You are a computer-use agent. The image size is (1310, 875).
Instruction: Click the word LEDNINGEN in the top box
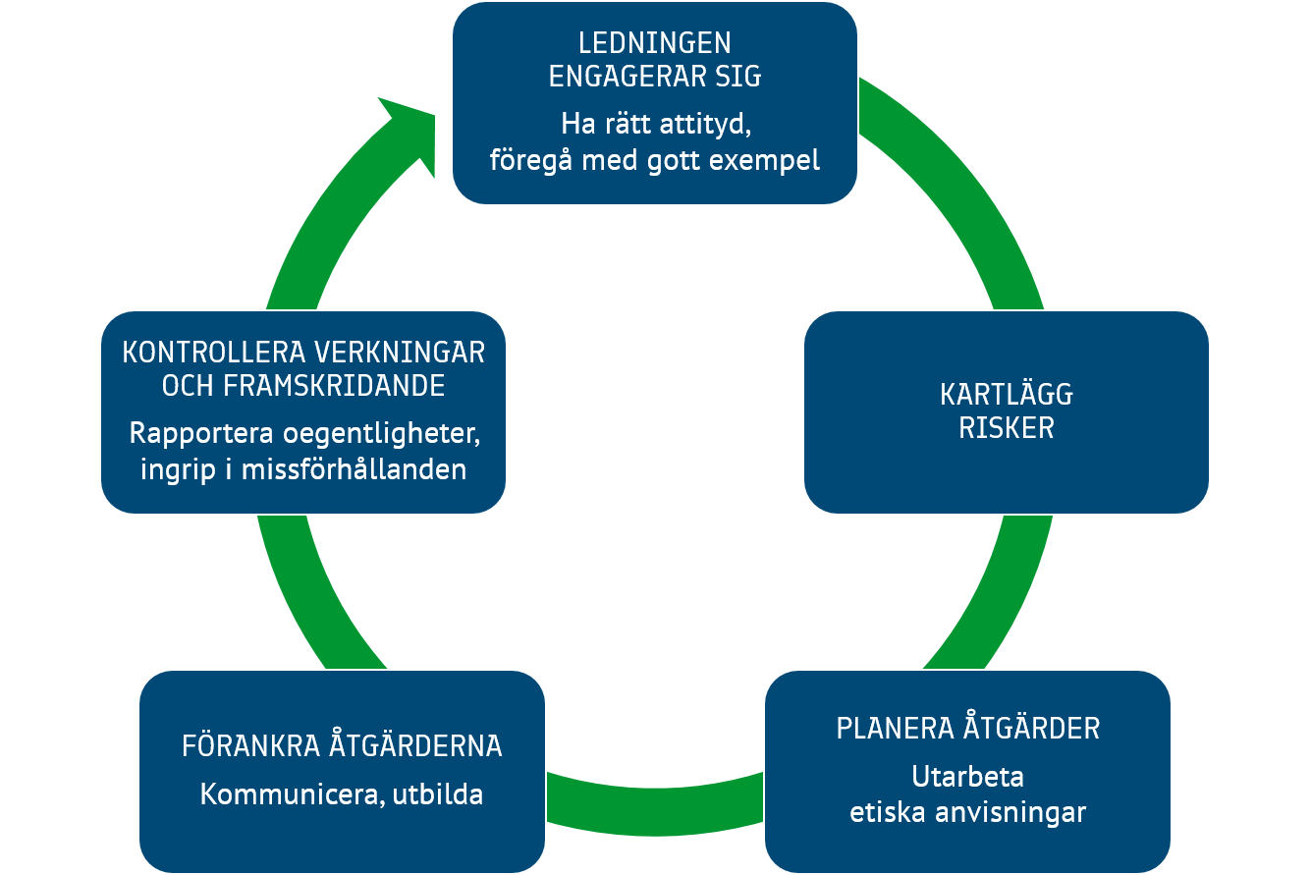(654, 43)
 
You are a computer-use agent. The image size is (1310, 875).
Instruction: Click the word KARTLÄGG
(1006, 395)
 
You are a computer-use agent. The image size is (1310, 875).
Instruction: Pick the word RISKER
(1006, 428)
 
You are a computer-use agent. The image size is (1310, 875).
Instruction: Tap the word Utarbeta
(967, 777)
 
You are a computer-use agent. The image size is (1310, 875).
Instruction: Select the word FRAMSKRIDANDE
(334, 386)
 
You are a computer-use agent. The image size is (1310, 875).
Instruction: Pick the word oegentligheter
(376, 434)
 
